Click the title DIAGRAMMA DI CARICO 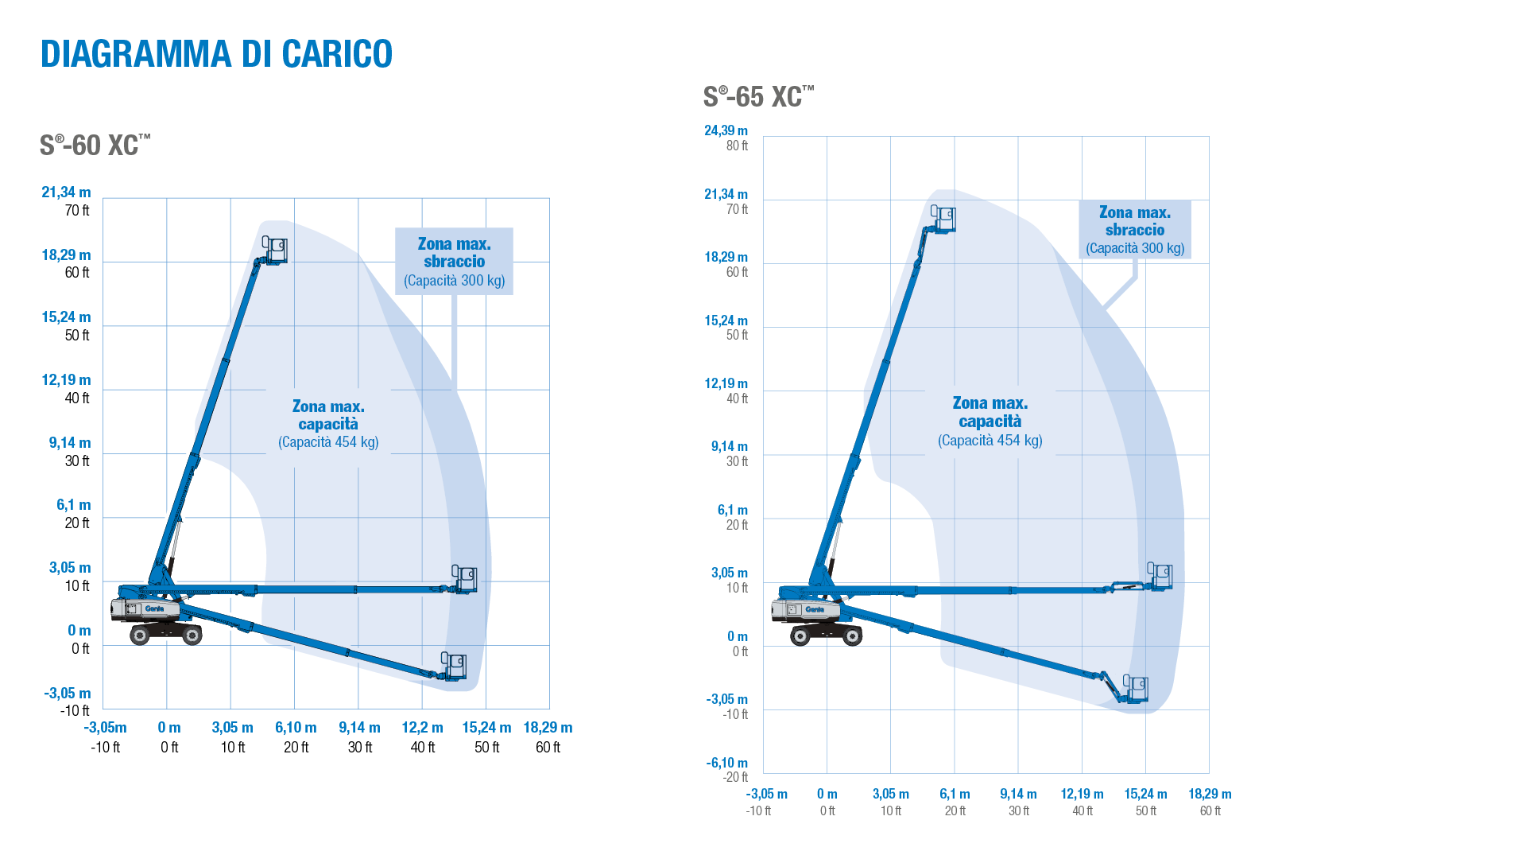pyautogui.click(x=216, y=54)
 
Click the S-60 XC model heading pyautogui.click(x=95, y=146)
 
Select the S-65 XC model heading pyautogui.click(x=758, y=97)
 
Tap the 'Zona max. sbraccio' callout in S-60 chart pyautogui.click(x=454, y=262)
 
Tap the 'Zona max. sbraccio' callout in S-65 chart pyautogui.click(x=1134, y=230)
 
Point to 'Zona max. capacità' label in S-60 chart pyautogui.click(x=328, y=424)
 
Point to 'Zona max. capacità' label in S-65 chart pyautogui.click(x=990, y=421)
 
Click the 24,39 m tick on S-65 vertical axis pyautogui.click(x=726, y=131)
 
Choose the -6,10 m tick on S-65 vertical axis pyautogui.click(x=727, y=764)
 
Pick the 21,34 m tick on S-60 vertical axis pyautogui.click(x=66, y=192)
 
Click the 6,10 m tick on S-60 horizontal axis pyautogui.click(x=296, y=728)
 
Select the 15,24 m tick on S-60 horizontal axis pyautogui.click(x=486, y=728)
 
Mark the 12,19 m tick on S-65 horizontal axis pyautogui.click(x=1082, y=795)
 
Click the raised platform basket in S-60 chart pyautogui.click(x=276, y=250)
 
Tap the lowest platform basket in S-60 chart pyautogui.click(x=455, y=667)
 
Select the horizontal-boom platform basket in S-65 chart pyautogui.click(x=1160, y=576)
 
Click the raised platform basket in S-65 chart pyautogui.click(x=944, y=219)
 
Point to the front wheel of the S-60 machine pyautogui.click(x=192, y=635)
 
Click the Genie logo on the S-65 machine pyautogui.click(x=815, y=609)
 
